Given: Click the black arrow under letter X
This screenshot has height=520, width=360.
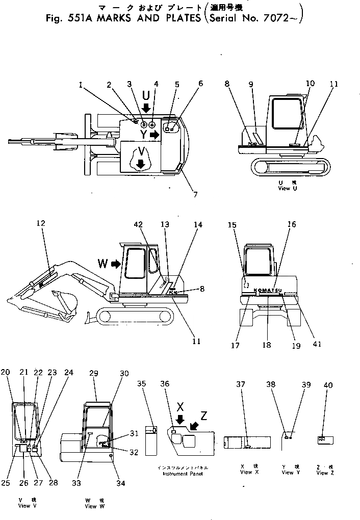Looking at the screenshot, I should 179,419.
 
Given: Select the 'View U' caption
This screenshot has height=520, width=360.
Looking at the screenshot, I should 284,188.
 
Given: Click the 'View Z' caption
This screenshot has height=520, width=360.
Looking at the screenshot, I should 322,473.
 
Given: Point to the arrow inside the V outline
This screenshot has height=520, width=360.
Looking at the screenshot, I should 141,163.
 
